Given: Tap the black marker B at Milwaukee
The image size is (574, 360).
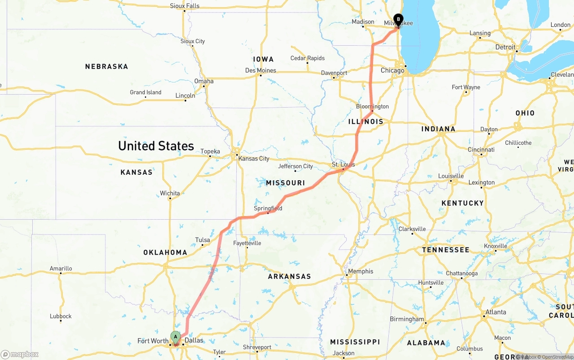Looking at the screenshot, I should click(x=398, y=20).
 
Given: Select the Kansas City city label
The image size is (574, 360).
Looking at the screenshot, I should click(x=254, y=159).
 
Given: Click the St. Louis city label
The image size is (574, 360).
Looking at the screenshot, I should click(x=343, y=165).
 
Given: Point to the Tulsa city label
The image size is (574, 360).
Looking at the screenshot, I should click(x=203, y=240).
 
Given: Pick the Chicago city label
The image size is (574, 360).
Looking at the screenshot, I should click(x=392, y=70).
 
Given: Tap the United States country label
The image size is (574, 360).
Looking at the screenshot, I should click(x=156, y=146).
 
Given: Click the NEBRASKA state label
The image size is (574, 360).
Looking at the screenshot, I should click(x=107, y=66).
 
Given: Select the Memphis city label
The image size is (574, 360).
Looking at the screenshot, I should click(x=361, y=271).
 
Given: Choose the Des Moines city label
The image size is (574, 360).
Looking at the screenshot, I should click(x=261, y=70).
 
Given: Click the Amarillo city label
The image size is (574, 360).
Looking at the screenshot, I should click(x=61, y=269).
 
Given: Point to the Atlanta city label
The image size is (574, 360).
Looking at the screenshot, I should click(x=496, y=312).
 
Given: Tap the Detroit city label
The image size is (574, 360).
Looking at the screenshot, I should click(x=505, y=47).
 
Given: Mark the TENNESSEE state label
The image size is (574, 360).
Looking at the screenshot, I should click(x=446, y=250).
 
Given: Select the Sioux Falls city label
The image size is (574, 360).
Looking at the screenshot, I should click(x=185, y=6).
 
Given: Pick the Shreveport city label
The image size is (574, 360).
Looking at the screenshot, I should click(x=257, y=347).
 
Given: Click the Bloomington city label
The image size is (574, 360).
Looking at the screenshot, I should click(x=372, y=106).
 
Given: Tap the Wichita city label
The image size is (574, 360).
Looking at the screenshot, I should click(x=170, y=193).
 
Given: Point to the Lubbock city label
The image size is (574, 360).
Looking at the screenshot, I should click(x=61, y=316).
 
